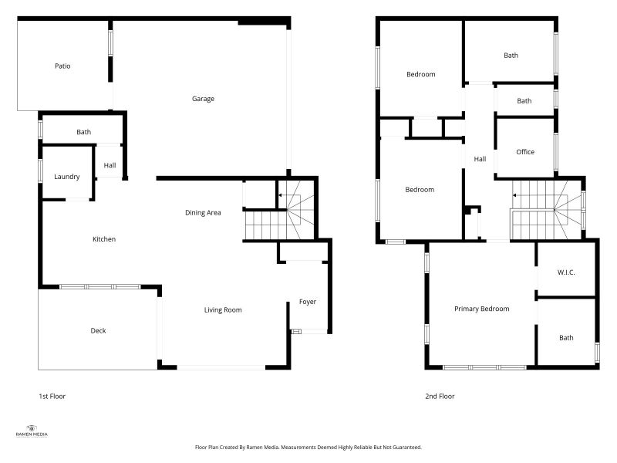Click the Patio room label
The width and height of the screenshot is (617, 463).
[62, 66]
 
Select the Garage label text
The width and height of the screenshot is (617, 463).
[203, 99]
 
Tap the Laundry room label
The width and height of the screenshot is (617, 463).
[67, 177]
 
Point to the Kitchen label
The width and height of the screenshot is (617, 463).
[104, 239]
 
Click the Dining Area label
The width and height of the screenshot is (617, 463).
[203, 212]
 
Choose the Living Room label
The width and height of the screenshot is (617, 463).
[223, 310]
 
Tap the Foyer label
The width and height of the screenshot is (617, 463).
[308, 302]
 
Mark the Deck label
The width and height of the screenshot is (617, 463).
[98, 331]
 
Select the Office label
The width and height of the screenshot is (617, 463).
[525, 152]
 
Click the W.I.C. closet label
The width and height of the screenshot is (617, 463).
[566, 273]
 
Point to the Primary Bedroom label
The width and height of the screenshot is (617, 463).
[481, 309]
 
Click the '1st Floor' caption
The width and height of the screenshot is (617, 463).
[52, 397]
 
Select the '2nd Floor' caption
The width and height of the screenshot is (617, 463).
[440, 397]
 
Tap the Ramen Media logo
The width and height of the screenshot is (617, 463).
[32, 431]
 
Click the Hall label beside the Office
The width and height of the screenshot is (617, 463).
[480, 159]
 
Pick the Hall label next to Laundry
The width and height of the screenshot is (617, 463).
[110, 164]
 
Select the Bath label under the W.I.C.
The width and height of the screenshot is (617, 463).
[566, 338]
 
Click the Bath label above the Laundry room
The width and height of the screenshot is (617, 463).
[83, 132]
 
